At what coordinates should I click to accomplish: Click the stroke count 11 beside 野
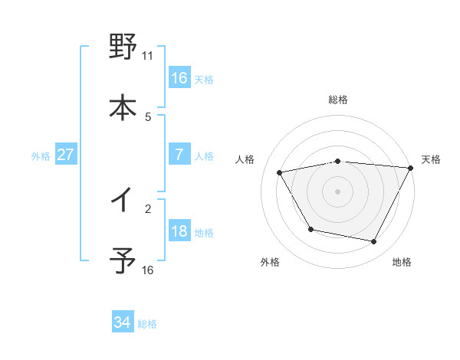click(x=148, y=55)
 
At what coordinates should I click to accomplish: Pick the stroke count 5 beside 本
click(x=148, y=116)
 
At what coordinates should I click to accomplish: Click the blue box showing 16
click(x=179, y=77)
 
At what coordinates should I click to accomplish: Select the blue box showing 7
click(x=179, y=154)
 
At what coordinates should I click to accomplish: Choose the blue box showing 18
click(x=179, y=231)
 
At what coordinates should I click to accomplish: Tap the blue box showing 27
click(x=66, y=154)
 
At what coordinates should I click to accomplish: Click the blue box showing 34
click(x=122, y=322)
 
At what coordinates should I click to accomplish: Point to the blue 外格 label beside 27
click(x=41, y=156)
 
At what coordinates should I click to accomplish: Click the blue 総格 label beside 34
click(x=147, y=324)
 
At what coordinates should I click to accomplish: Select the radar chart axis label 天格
click(x=431, y=159)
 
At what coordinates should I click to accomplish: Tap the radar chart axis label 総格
click(x=338, y=100)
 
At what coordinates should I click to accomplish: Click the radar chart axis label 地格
click(x=402, y=263)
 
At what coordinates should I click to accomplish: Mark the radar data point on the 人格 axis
click(x=280, y=172)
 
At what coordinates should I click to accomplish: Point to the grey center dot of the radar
click(x=338, y=191)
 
